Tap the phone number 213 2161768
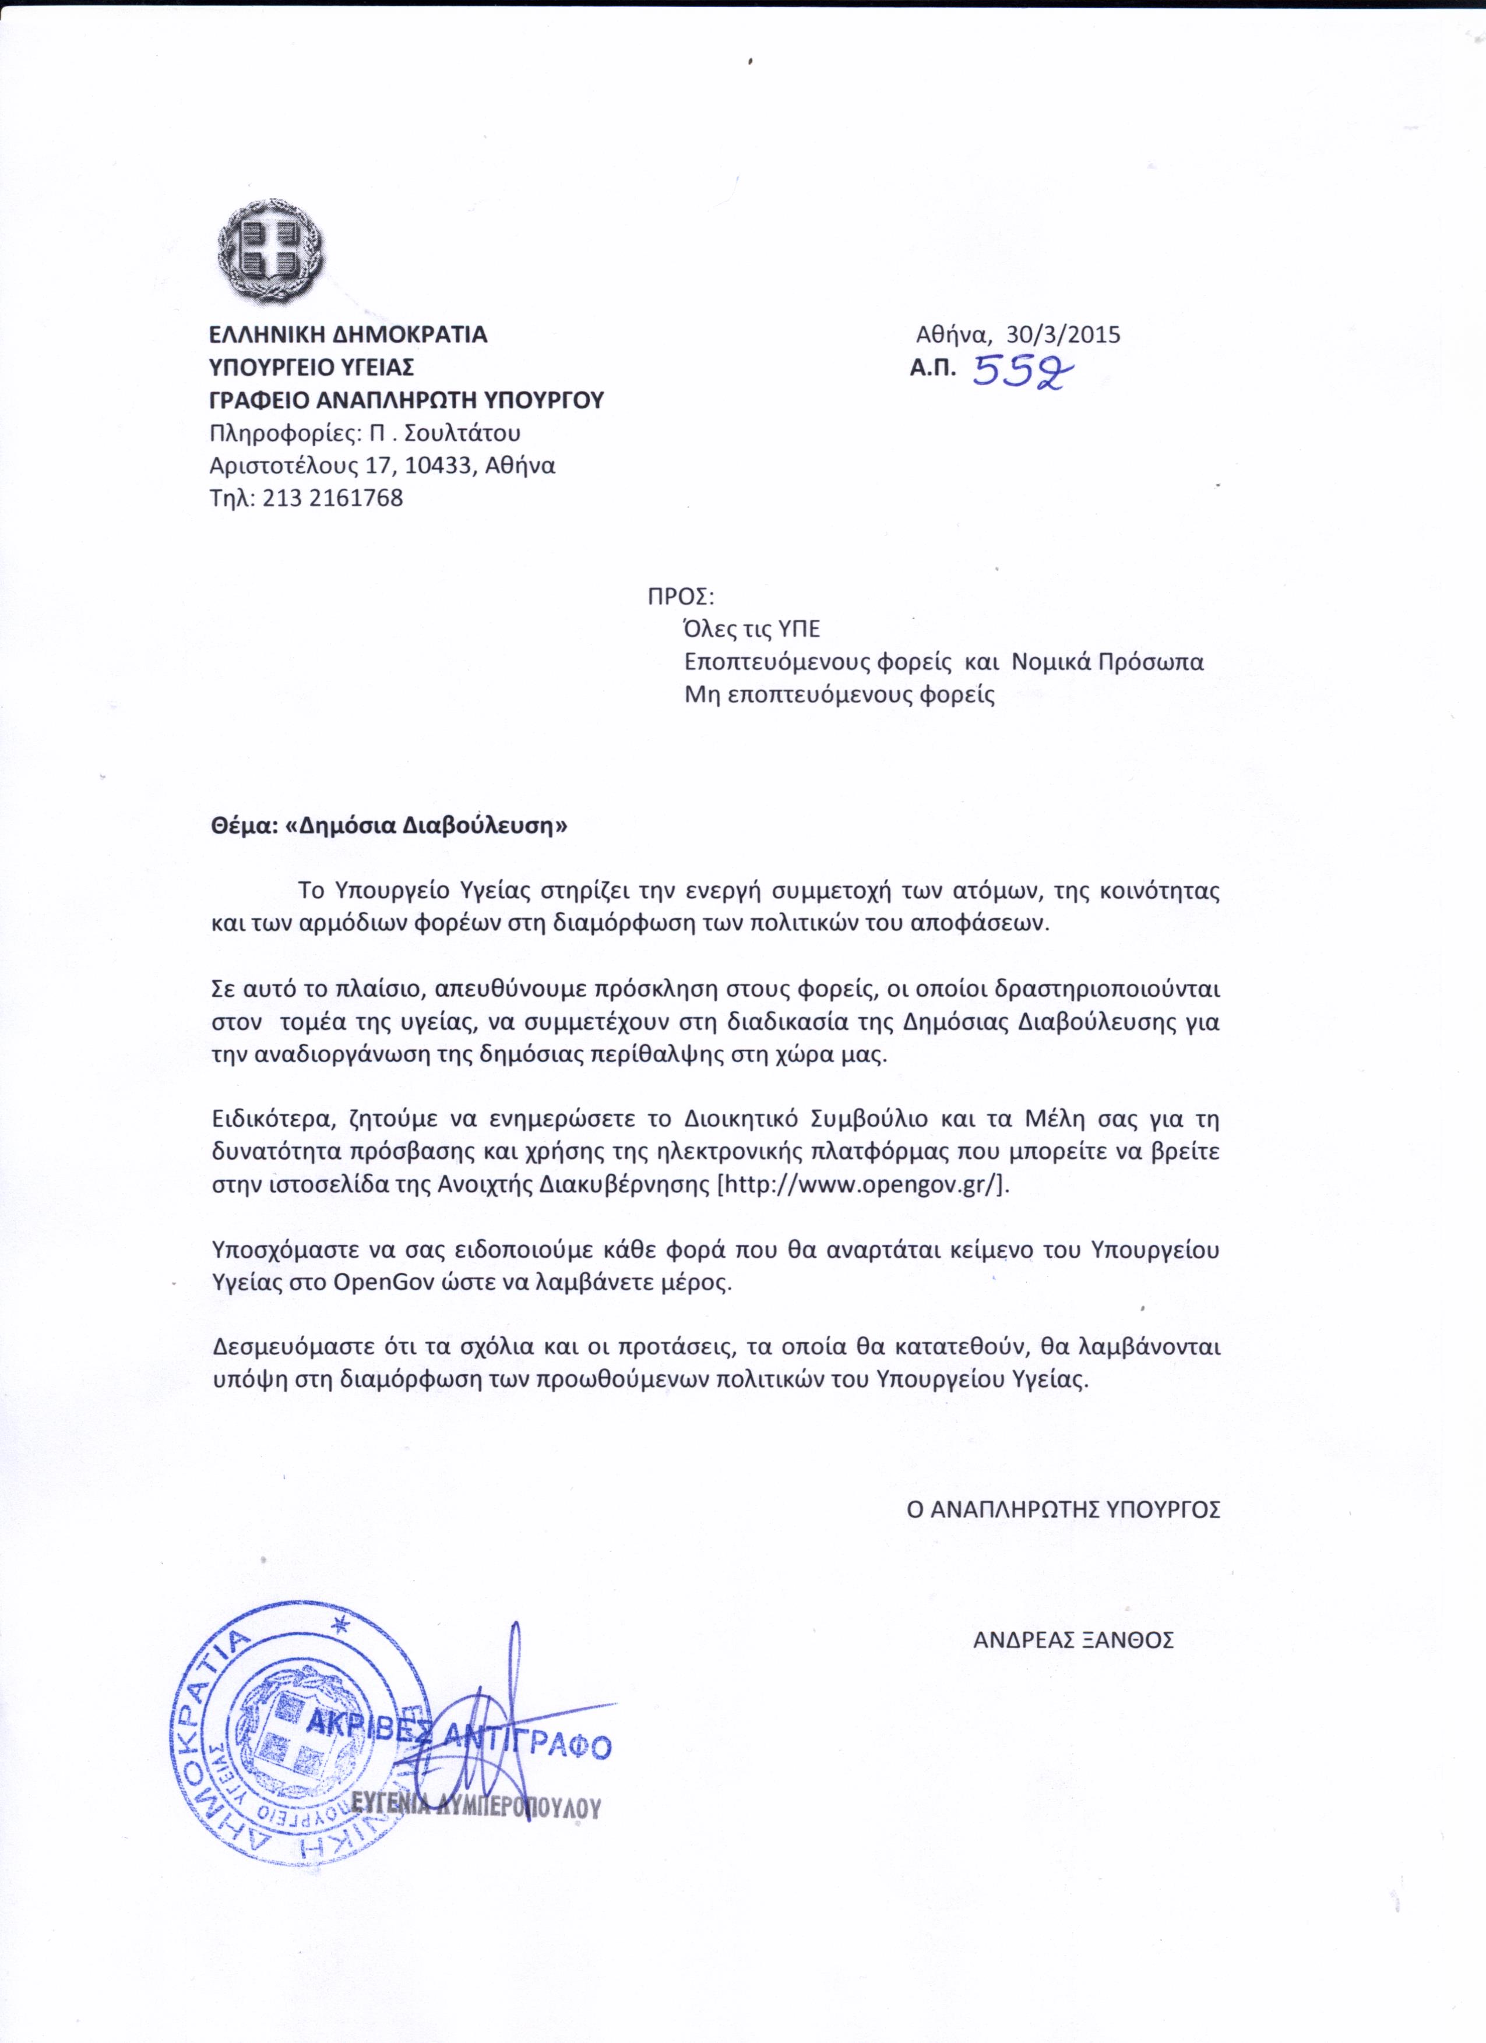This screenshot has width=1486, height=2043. [x=333, y=497]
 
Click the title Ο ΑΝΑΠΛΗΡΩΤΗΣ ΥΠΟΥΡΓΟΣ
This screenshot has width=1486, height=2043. [x=1064, y=1510]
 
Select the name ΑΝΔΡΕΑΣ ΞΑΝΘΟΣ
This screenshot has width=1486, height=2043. [x=1073, y=1639]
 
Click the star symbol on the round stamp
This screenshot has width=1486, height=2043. [x=341, y=1627]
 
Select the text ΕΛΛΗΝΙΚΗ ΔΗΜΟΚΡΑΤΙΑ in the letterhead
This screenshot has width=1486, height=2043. [x=348, y=334]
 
